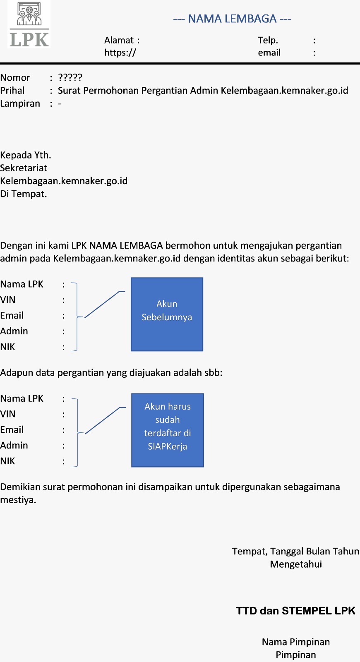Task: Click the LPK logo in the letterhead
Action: click(x=29, y=25)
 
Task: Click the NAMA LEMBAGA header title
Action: click(x=232, y=19)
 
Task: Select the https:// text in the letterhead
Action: click(x=120, y=53)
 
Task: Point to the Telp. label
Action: click(x=268, y=40)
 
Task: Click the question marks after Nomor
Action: click(x=70, y=77)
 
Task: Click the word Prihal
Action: click(x=12, y=91)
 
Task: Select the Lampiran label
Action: click(x=20, y=103)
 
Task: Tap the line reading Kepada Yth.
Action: click(x=26, y=155)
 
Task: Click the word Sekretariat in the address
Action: click(x=24, y=168)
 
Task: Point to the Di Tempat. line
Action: click(x=24, y=194)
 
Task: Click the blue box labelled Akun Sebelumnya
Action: click(x=167, y=314)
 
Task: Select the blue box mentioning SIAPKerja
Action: click(x=168, y=430)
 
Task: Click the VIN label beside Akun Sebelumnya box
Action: click(x=8, y=300)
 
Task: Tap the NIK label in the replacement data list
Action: click(x=7, y=461)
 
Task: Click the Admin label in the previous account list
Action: click(x=14, y=331)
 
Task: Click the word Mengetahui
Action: click(x=296, y=564)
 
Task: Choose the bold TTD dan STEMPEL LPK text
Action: click(x=295, y=611)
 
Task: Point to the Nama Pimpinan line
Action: click(x=296, y=642)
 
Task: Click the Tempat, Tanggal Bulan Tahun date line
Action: click(x=295, y=552)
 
